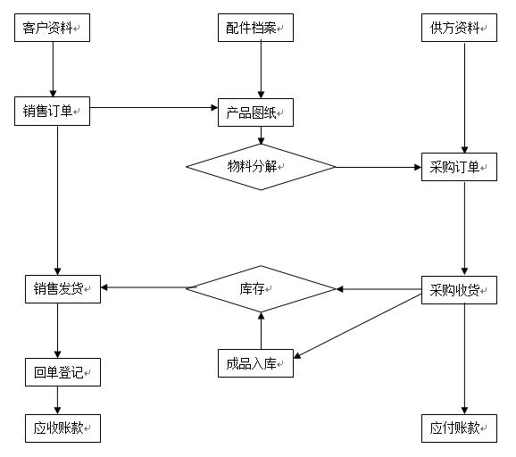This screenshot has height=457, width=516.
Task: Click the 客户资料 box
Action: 52,28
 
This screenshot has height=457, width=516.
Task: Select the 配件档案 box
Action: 255,28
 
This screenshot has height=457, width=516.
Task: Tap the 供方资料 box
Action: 459,28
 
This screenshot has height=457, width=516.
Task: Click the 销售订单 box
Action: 52,111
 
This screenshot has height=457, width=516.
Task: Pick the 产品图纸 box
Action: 255,112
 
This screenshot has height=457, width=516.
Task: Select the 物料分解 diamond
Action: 261,167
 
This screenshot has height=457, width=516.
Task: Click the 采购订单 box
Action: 459,167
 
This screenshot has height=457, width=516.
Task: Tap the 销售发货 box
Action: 62,289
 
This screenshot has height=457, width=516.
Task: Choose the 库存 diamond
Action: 261,288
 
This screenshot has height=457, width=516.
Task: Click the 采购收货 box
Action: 459,290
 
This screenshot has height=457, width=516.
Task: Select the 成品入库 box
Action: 255,363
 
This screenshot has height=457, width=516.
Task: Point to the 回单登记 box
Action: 62,372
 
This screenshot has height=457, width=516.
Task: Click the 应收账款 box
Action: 62,428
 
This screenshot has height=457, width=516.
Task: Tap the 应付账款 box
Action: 459,428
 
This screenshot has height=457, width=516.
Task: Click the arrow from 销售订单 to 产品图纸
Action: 154,107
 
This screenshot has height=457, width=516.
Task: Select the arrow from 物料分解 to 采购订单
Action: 379,167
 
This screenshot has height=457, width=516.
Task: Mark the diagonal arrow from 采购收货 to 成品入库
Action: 357,326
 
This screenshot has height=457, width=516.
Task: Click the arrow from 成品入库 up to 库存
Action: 261,330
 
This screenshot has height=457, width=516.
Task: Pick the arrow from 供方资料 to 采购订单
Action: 464,97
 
